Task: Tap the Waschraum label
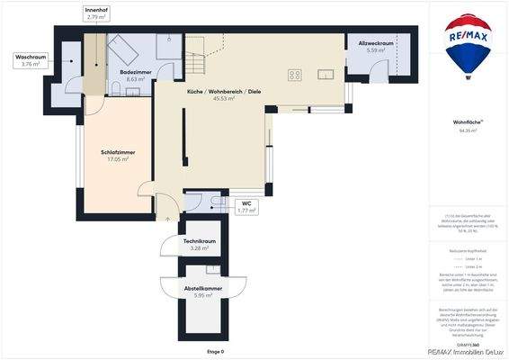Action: (31, 60)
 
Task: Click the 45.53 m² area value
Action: (223, 99)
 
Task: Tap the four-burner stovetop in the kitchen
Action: (294, 75)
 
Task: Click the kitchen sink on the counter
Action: (326, 74)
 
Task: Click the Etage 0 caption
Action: (215, 350)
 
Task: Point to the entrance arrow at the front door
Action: (168, 216)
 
